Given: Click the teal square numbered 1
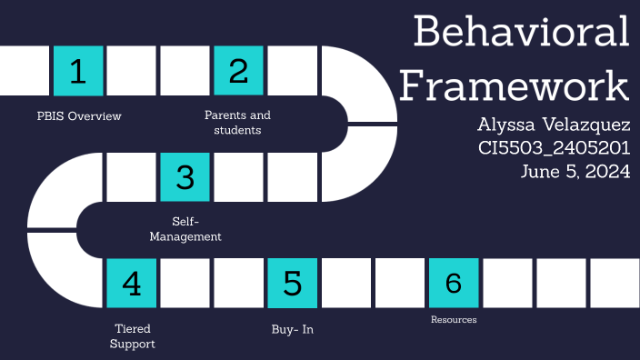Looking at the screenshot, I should (x=78, y=71).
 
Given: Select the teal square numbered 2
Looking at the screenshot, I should (x=238, y=71).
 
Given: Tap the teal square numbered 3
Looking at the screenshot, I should (x=185, y=177).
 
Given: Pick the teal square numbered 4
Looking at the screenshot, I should (x=132, y=283).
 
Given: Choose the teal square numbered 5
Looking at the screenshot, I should (x=292, y=283).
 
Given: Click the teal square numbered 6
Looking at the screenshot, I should (x=453, y=283).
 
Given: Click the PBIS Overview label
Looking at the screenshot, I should (x=79, y=116).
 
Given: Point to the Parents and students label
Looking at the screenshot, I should (x=237, y=123).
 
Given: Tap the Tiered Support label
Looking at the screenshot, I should (x=133, y=335).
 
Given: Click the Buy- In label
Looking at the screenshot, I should (x=292, y=329).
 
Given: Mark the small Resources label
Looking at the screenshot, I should (x=454, y=320).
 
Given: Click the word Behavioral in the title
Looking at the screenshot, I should (x=521, y=33).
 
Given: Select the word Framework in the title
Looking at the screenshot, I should (x=515, y=86).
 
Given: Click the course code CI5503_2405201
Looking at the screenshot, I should (x=555, y=146).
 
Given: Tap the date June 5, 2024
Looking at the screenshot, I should (x=575, y=171).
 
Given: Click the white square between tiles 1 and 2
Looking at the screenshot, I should (x=132, y=71).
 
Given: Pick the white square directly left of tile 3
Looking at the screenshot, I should (x=132, y=177).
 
